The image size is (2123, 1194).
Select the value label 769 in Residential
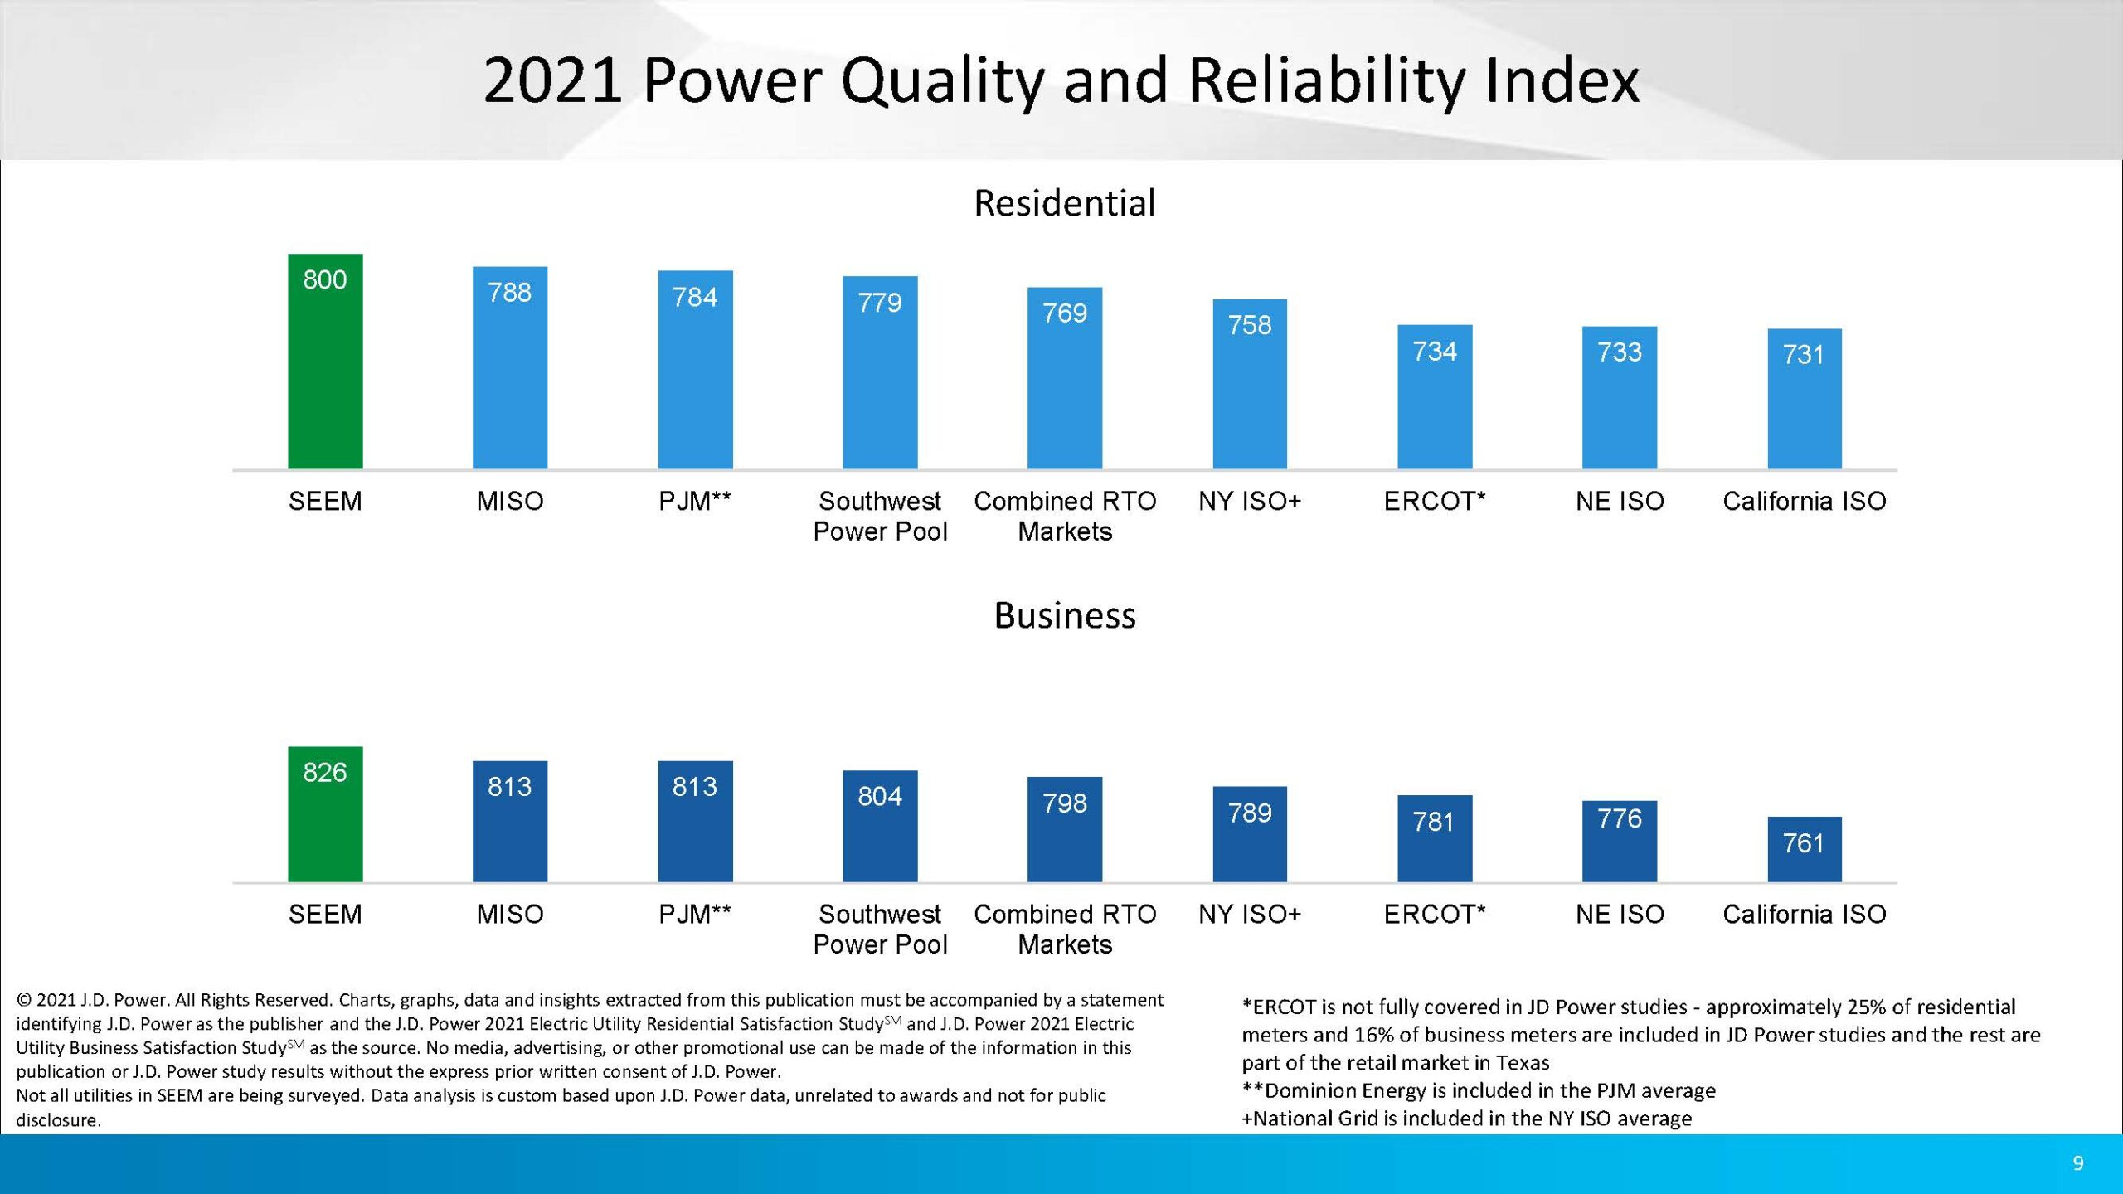[x=1065, y=313]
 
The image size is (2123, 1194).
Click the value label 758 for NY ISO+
[x=1250, y=325]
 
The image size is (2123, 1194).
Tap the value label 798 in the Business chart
[x=1065, y=803]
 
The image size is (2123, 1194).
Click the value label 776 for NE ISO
[x=1620, y=819]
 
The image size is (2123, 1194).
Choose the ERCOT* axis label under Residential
[x=1435, y=501]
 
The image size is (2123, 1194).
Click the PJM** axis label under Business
[x=695, y=914]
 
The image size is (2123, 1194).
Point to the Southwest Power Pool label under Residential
[x=880, y=516]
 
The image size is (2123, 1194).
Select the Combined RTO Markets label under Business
[x=1065, y=929]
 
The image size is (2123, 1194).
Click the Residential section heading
[x=1065, y=203]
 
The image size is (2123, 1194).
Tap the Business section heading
[x=1065, y=615]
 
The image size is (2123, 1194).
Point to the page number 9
[x=2077, y=1163]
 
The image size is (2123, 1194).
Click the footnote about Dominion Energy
[x=1479, y=1090]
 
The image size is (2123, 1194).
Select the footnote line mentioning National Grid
[x=1466, y=1119]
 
